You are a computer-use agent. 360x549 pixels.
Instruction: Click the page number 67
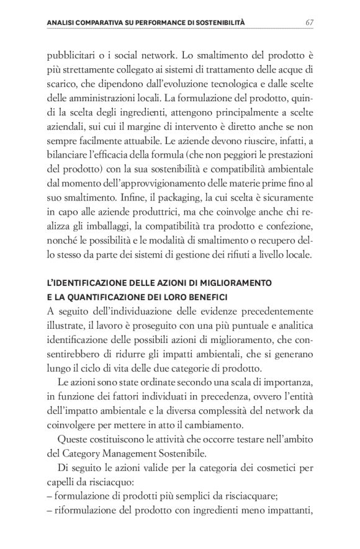coord(308,23)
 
